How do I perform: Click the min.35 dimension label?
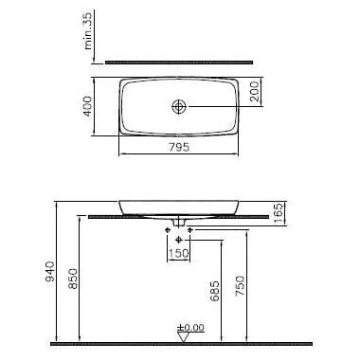point(88,30)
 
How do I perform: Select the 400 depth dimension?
point(88,106)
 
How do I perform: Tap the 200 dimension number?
point(255,92)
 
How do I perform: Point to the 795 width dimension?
point(179,147)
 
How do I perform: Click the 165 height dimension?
point(278,213)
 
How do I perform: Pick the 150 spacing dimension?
point(178,253)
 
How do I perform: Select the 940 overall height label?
point(50,271)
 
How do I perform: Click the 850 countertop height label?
point(73,279)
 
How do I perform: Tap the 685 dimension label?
point(215,291)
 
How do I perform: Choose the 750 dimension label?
point(240,286)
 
